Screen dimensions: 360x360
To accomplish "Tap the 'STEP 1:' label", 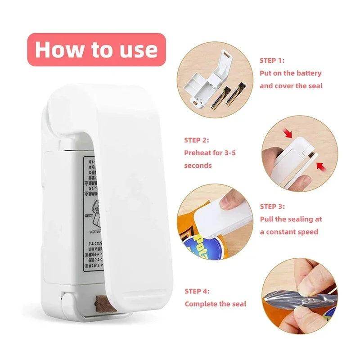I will [272, 60].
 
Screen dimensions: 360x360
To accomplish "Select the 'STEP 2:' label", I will [197, 140].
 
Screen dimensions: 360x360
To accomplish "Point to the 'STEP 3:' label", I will [272, 207].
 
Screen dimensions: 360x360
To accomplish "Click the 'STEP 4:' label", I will [197, 291].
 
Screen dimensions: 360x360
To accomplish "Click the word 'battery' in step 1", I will [309, 73].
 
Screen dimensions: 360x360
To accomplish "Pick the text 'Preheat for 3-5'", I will [210, 153].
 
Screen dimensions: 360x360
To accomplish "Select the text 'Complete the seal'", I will [216, 304].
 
